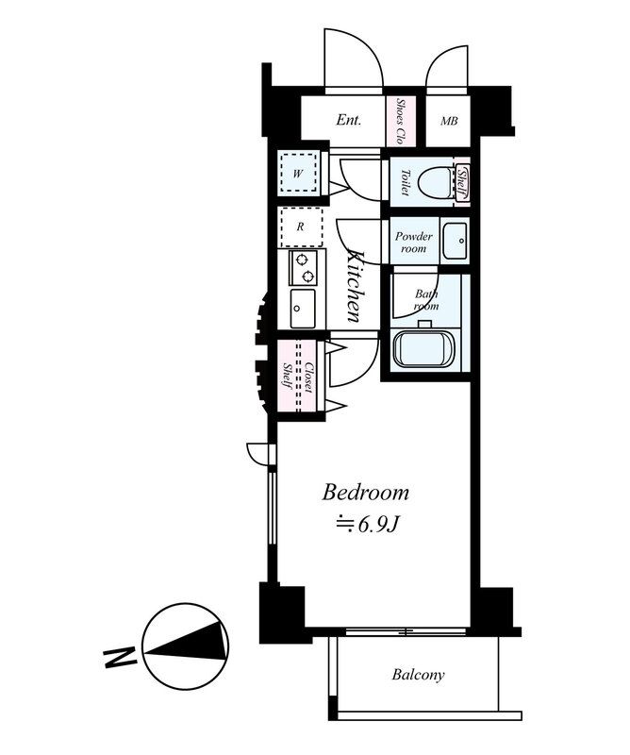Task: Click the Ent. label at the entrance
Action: [348, 120]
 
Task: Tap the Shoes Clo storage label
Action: [400, 121]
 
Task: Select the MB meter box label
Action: [449, 121]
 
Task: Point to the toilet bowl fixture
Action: [436, 183]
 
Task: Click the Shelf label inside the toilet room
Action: [462, 183]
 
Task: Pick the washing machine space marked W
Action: [298, 173]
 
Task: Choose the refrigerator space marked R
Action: [301, 226]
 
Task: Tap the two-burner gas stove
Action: [303, 268]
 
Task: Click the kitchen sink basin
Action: [303, 309]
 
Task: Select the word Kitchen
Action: [356, 286]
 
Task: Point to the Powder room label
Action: [414, 243]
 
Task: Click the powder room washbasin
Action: [455, 241]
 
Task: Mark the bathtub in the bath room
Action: [424, 349]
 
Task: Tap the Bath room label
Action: [426, 299]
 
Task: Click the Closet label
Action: [308, 377]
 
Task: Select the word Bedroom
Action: [366, 493]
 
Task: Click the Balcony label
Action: [418, 675]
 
